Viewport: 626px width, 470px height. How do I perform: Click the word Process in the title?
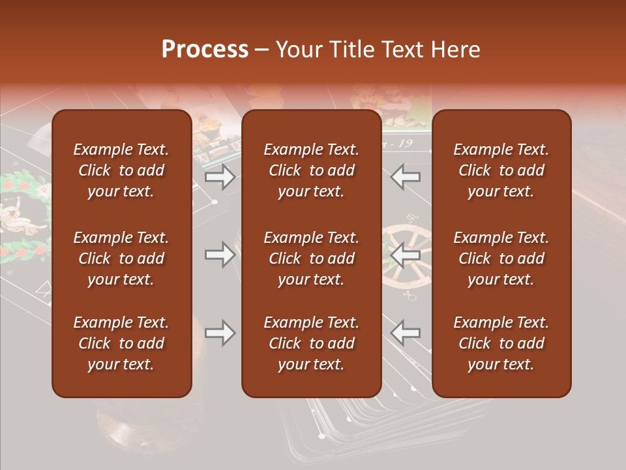205,50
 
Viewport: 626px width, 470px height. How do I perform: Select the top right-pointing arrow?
220,177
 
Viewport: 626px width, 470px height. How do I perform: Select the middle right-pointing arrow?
220,255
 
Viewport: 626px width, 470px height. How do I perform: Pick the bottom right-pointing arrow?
220,333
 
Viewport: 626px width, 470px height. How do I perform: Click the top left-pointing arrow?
406,177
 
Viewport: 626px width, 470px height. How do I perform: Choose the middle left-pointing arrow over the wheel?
406,255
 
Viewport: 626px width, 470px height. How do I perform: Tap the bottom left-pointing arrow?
406,333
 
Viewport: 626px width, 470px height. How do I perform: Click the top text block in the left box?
121,170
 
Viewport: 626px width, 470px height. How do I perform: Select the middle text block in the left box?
121,258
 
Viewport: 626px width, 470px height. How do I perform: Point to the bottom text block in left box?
121,343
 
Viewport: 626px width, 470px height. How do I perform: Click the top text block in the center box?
311,170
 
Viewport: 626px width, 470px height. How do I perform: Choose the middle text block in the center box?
311,258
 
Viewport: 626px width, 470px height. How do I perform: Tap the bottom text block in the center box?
311,343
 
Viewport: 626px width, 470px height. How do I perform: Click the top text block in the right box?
501,170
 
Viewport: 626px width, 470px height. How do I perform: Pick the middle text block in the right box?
501,258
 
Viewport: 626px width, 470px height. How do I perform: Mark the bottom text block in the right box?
501,343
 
